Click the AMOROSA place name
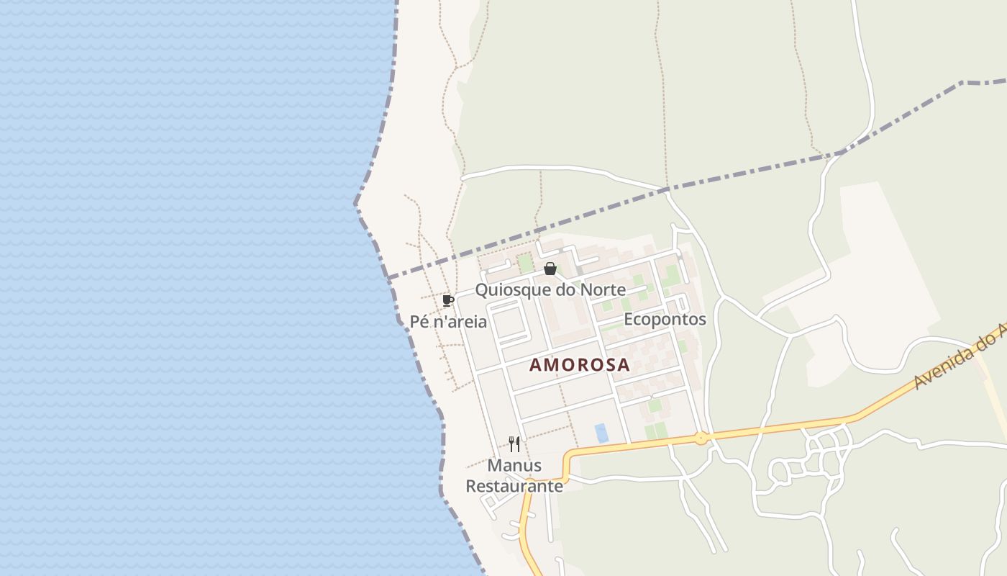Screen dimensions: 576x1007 tap(579, 365)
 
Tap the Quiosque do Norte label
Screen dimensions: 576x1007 tap(550, 291)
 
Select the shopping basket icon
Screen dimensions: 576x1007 tap(550, 269)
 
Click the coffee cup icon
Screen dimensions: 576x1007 tap(448, 300)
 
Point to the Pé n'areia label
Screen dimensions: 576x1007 tap(448, 322)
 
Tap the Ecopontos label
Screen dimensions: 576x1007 tap(665, 319)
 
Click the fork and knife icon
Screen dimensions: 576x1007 tap(514, 444)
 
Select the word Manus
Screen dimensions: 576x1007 tap(514, 465)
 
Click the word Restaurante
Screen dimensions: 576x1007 tap(514, 486)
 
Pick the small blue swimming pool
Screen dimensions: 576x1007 tap(601, 433)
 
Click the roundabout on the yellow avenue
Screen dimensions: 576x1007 tap(701, 438)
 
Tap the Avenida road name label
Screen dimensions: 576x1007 tap(960, 357)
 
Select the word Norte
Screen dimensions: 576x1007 tap(602, 291)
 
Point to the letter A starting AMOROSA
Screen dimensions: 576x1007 tap(535, 365)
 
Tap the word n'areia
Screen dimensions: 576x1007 tap(460, 322)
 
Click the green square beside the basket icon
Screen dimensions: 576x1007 tap(526, 264)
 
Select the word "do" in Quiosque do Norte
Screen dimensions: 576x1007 tap(565, 291)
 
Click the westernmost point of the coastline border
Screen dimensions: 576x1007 tap(355, 204)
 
